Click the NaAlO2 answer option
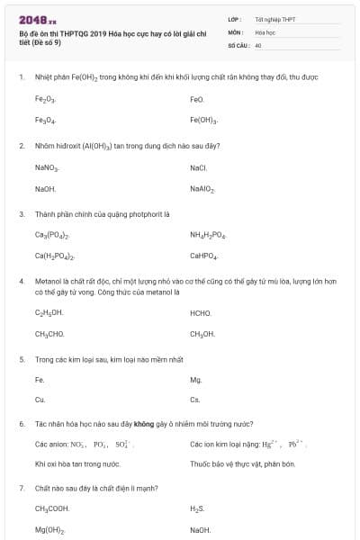click(x=202, y=189)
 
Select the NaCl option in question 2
click(x=198, y=167)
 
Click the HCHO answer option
click(x=200, y=312)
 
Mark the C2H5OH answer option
click(x=49, y=312)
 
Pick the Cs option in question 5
click(x=194, y=400)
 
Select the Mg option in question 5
click(x=195, y=379)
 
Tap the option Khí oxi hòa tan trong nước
click(x=77, y=463)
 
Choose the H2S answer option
click(x=198, y=508)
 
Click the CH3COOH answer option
click(x=52, y=508)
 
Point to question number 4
click(x=21, y=281)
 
